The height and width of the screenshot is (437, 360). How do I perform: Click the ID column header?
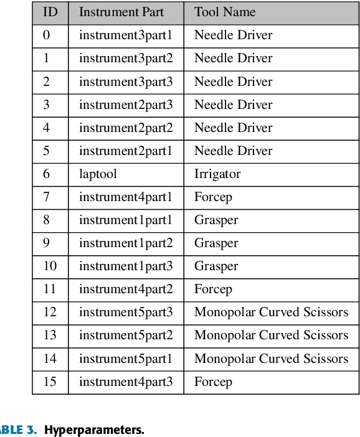[50, 12]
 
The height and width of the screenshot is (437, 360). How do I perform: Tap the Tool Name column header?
[225, 12]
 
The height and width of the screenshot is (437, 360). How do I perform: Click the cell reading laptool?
[98, 174]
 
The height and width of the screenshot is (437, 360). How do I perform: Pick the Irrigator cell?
[217, 174]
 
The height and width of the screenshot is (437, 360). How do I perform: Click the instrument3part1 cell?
[126, 35]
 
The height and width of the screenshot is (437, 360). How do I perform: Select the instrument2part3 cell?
[126, 105]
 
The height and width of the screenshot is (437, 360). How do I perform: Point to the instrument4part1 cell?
[126, 197]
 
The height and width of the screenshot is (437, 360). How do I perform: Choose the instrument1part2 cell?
[126, 243]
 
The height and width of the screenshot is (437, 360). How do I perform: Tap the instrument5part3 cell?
[126, 312]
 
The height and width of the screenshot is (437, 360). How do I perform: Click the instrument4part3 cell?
[126, 382]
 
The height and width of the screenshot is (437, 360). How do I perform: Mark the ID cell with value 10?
[50, 266]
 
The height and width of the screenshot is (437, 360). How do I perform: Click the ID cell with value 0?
[47, 35]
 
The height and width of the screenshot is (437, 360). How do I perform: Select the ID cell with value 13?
[50, 336]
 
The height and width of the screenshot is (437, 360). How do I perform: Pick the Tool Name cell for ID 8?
[216, 220]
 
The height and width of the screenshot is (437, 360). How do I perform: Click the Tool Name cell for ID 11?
[213, 289]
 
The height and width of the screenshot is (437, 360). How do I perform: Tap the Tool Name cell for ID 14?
[271, 359]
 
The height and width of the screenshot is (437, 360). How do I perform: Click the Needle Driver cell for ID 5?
[233, 151]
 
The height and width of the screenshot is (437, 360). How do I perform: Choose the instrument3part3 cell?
[126, 82]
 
